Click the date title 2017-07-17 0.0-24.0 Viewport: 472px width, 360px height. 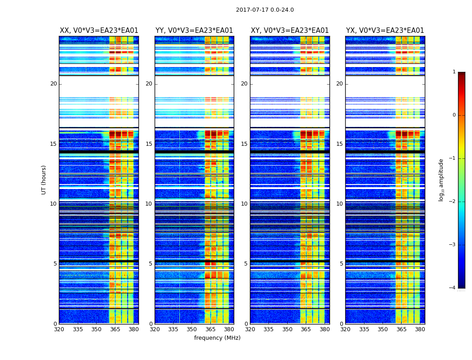(x=265, y=10)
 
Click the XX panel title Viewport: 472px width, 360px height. (x=99, y=31)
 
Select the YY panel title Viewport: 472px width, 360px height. (x=194, y=31)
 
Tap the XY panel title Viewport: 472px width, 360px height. (x=290, y=31)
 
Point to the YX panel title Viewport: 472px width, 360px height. (x=385, y=31)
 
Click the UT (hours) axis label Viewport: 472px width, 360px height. (x=44, y=180)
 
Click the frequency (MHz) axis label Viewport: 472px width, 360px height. (x=217, y=338)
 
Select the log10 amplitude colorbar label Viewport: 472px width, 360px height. (x=441, y=180)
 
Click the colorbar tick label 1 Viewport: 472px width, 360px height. (x=454, y=72)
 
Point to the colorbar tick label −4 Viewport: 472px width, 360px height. (x=453, y=288)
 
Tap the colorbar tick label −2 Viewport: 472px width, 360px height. (x=453, y=202)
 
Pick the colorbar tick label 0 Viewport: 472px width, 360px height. (x=454, y=115)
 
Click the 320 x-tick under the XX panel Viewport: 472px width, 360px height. (x=59, y=329)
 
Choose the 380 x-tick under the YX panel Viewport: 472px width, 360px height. (x=420, y=329)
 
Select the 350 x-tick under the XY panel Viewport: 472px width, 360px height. (x=287, y=329)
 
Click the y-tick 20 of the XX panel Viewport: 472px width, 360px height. (x=53, y=84)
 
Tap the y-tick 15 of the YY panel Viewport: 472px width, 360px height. (x=149, y=144)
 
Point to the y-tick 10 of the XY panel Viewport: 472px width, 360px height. (x=244, y=204)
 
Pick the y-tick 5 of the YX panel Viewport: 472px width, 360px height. (x=341, y=264)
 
